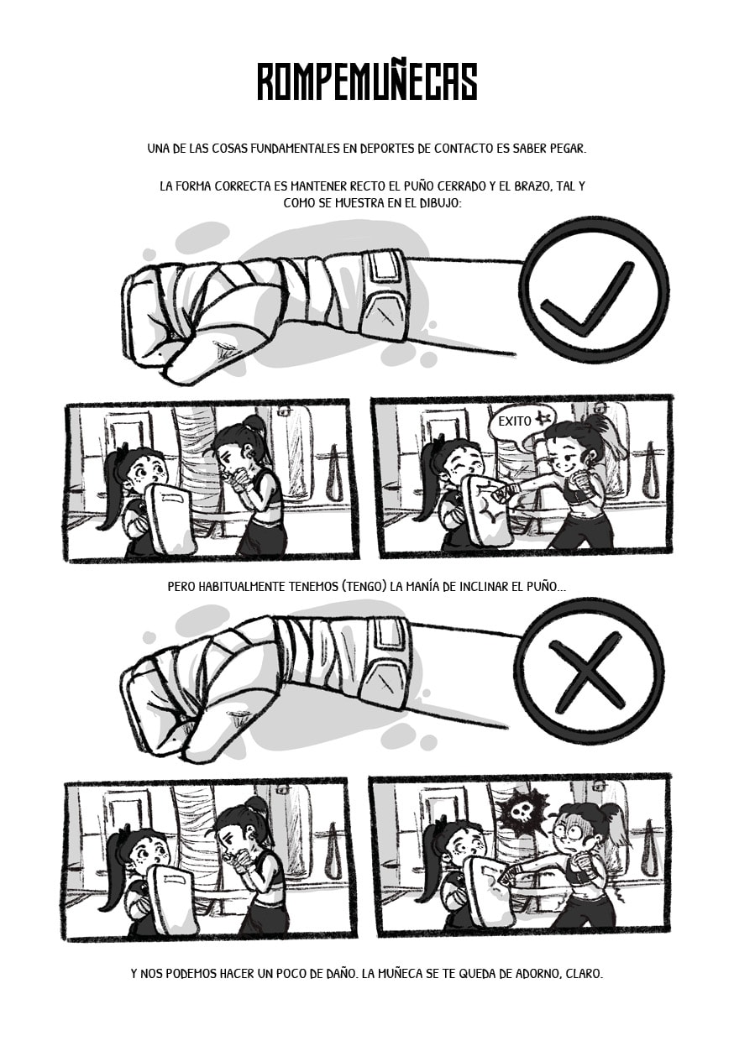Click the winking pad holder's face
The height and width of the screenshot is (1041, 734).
tap(464, 466)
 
